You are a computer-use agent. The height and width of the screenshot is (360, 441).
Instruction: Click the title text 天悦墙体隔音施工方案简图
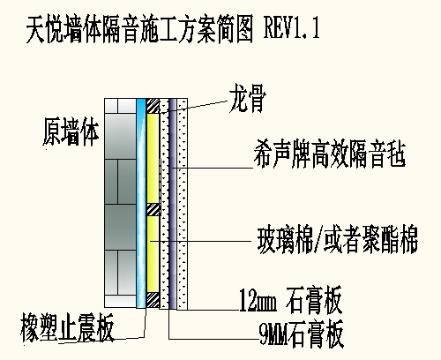[139, 29]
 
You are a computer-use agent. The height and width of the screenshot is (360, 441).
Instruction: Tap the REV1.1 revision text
[292, 28]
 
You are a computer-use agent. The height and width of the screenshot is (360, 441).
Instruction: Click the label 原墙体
[71, 131]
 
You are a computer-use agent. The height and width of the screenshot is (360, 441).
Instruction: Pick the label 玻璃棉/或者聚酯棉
[338, 239]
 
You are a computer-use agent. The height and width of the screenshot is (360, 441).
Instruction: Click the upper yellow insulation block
[153, 158]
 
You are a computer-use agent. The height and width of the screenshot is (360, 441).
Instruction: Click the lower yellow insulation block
[153, 254]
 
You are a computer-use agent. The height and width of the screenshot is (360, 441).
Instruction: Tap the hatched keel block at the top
[153, 106]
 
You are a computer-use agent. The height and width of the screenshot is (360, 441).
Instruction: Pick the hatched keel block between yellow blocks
[153, 210]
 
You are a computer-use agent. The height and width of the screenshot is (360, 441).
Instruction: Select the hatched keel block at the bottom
[153, 300]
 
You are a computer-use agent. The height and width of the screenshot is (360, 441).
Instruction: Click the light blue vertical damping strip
[141, 203]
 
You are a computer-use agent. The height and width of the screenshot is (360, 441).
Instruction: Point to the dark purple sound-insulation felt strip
[173, 204]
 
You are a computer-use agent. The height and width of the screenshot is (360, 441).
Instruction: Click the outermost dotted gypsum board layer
[182, 204]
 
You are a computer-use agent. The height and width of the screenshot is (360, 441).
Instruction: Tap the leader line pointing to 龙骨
[195, 107]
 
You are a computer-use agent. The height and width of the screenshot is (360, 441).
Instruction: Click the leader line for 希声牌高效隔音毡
[213, 168]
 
